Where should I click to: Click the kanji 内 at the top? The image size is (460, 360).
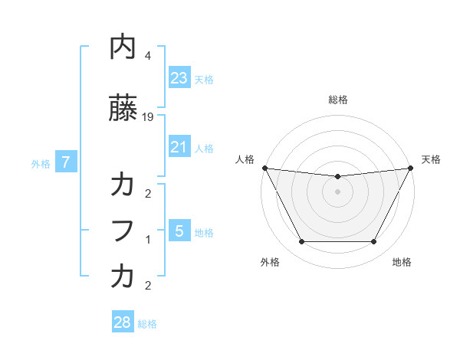(x=123, y=47)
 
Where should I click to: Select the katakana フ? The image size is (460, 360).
(x=123, y=230)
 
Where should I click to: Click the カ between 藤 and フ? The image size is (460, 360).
(x=123, y=185)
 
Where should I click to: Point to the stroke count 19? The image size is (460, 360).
(x=149, y=117)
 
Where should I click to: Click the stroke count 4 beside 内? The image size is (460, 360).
(x=148, y=56)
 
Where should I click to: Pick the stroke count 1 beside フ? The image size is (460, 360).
(x=148, y=239)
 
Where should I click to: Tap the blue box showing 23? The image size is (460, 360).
(x=179, y=77)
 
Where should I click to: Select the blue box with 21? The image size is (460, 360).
(x=179, y=147)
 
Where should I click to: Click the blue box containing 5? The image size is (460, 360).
(x=179, y=231)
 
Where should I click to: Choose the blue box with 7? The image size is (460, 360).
(x=66, y=162)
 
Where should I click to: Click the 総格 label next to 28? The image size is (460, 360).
(x=147, y=324)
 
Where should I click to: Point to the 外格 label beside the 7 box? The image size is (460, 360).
(x=41, y=163)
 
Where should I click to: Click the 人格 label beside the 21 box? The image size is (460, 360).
(x=204, y=149)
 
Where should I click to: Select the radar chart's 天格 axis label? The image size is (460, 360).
(x=431, y=159)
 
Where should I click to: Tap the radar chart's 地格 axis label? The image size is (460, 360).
(x=402, y=262)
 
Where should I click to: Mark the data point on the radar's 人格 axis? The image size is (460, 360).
(x=264, y=168)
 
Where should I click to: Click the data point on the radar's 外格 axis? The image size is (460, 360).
(x=301, y=242)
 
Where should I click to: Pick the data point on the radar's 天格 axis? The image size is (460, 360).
(x=411, y=168)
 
